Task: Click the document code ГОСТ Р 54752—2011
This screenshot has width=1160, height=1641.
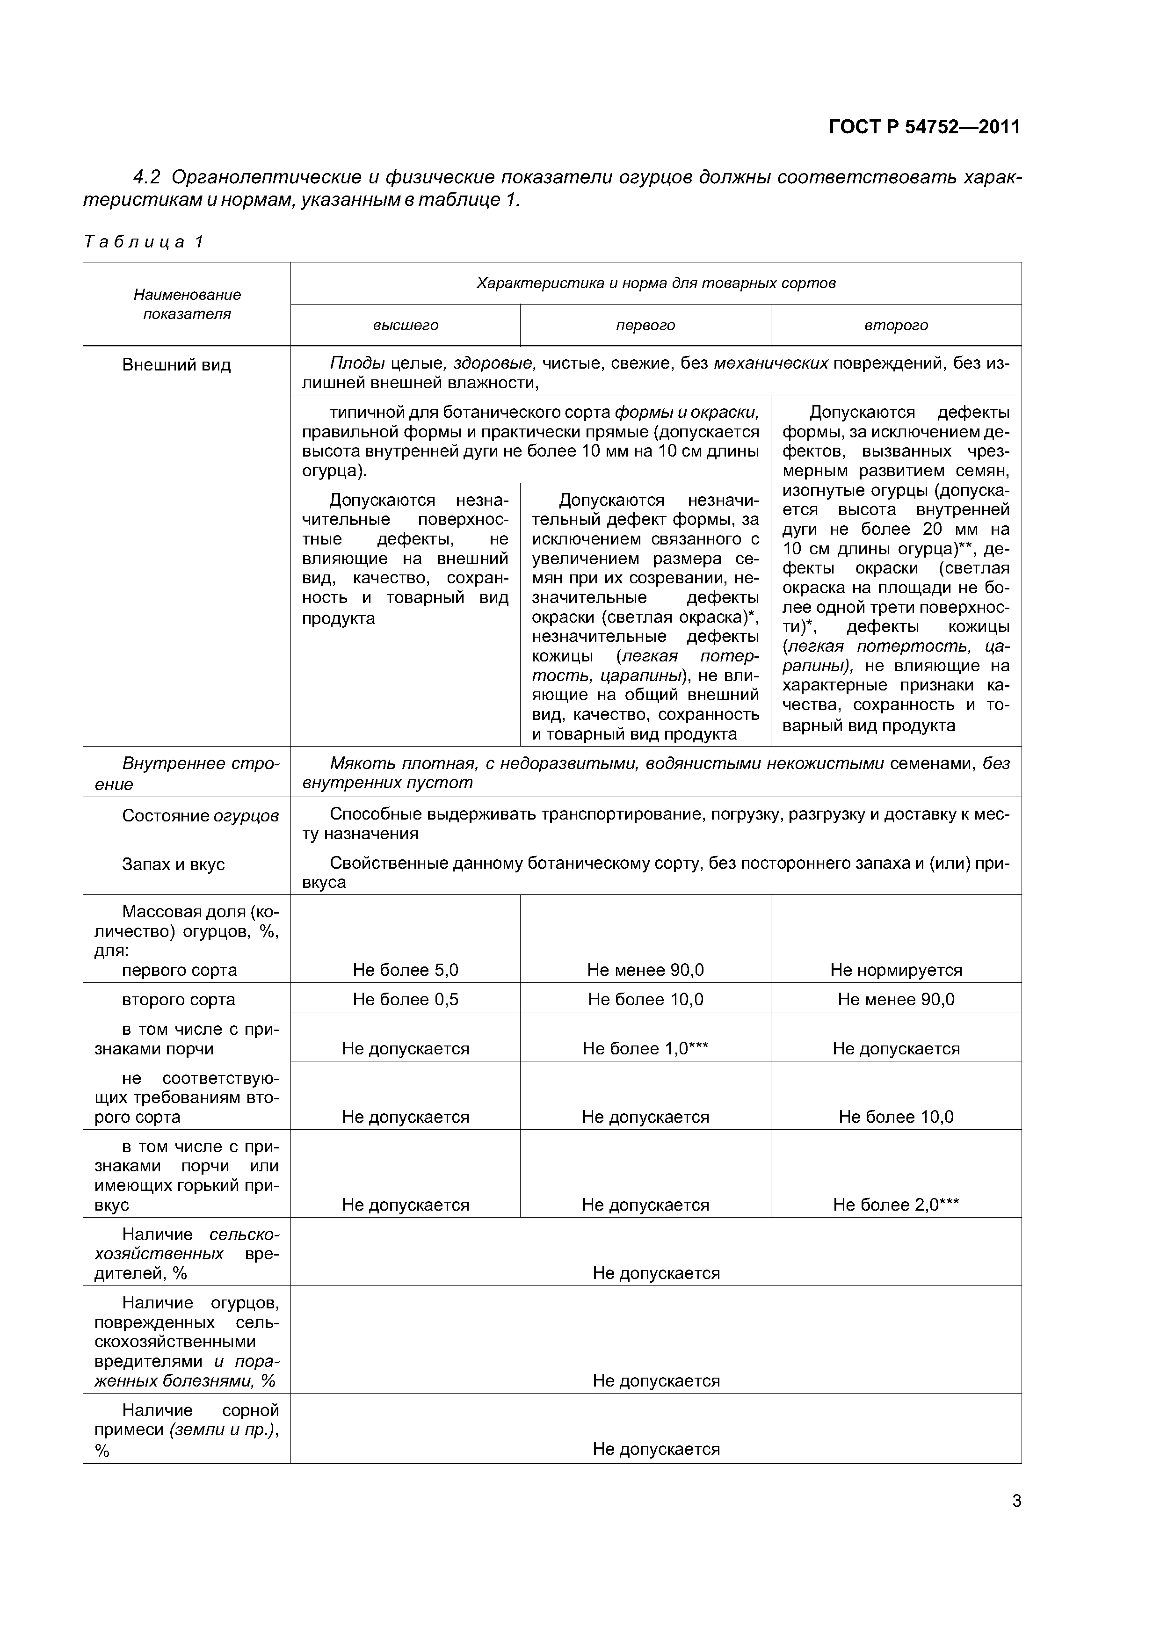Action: tap(924, 127)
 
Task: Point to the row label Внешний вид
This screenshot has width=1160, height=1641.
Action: tap(176, 365)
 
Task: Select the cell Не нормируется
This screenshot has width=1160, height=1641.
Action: tap(896, 970)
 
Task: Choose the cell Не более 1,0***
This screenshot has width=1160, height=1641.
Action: tap(645, 1048)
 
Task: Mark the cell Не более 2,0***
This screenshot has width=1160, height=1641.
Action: tap(896, 1205)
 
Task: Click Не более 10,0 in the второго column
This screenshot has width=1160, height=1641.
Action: tap(896, 1117)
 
